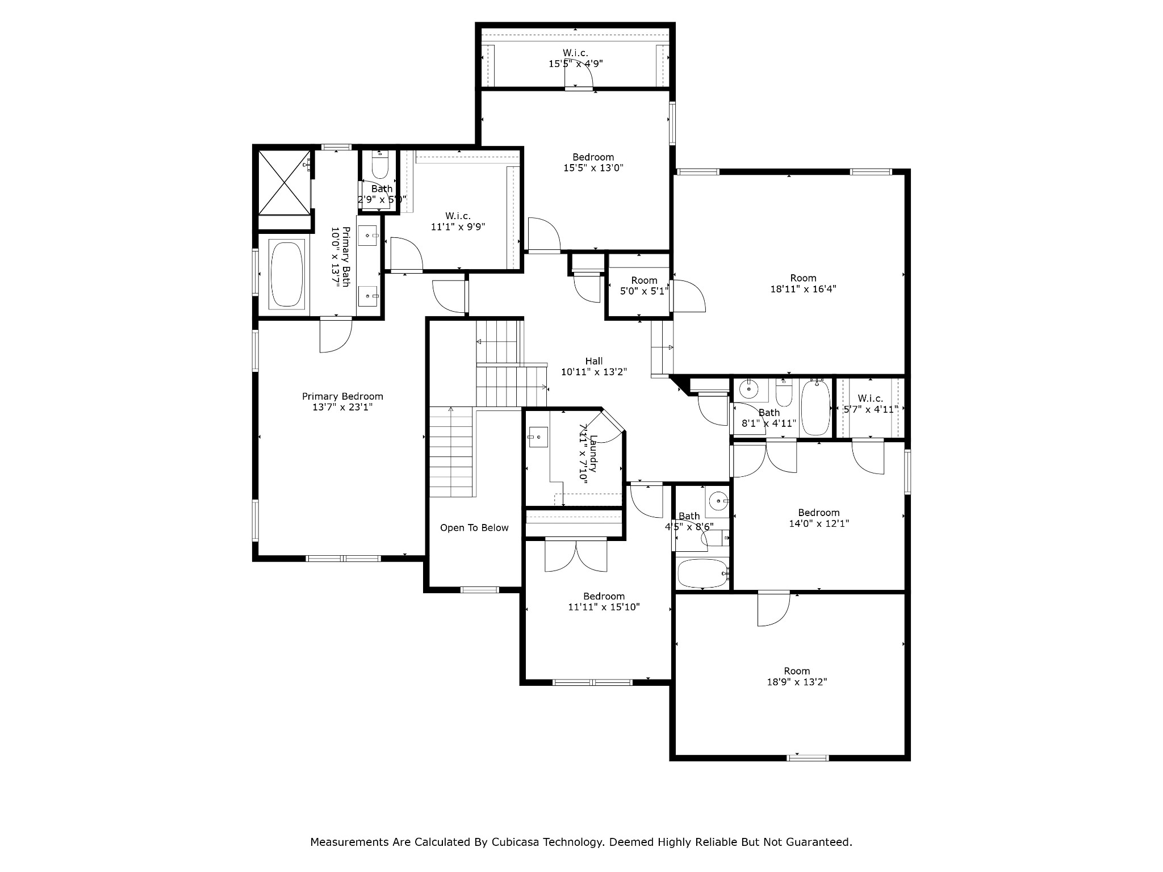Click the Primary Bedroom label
[342, 396]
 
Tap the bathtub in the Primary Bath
[287, 274]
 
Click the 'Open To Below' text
[474, 528]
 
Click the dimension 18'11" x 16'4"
[803, 288]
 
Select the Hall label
[594, 361]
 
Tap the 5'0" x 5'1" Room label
[644, 280]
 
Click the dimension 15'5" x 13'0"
[593, 168]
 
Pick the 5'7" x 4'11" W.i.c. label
[870, 399]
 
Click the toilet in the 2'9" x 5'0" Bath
[379, 166]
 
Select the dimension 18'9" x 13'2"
[797, 682]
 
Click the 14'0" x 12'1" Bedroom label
[818, 513]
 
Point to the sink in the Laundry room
[537, 437]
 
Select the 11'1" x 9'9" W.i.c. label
[458, 216]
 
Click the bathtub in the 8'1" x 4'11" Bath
[815, 408]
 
